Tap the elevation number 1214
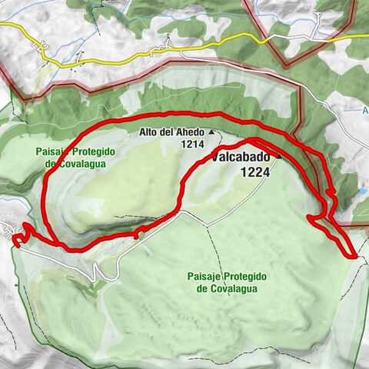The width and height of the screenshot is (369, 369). (x=191, y=143)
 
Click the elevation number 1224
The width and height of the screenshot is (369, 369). (x=254, y=173)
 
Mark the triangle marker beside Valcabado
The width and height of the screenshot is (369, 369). (x=279, y=157)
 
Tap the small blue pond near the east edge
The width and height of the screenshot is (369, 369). (x=362, y=190)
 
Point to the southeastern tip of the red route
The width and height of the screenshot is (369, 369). (x=354, y=257)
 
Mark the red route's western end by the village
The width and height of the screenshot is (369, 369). (x=15, y=241)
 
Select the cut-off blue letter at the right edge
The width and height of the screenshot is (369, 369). (x=365, y=111)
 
